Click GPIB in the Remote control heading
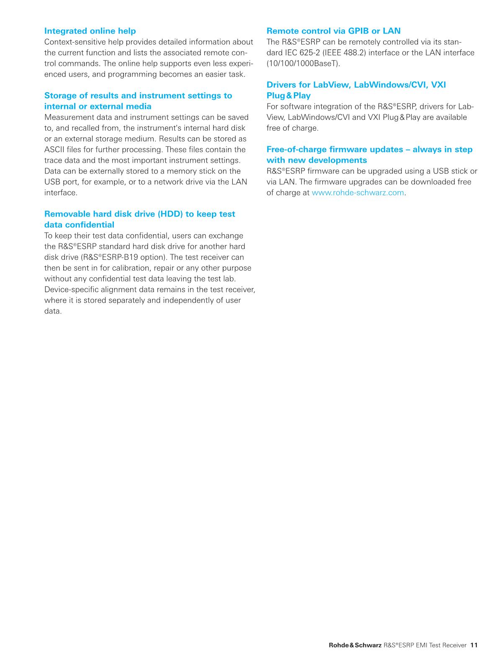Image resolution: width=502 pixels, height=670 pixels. point(358,31)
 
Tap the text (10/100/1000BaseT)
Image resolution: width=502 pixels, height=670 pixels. point(304,64)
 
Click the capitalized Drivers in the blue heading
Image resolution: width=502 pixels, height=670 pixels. point(282,85)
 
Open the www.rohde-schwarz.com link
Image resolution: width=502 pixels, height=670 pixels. point(358,193)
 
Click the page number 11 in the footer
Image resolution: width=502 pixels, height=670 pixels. point(474,645)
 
